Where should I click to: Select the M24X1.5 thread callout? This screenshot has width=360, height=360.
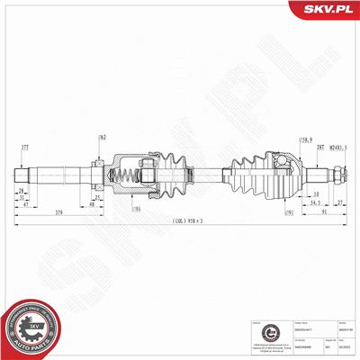coord(333,146)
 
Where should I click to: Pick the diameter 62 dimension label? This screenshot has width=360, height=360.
coord(102,139)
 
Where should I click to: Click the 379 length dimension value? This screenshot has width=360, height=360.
coord(58,212)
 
